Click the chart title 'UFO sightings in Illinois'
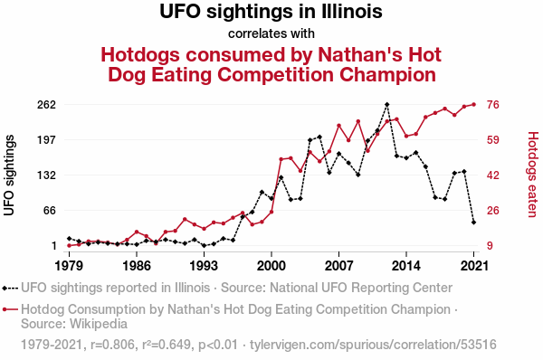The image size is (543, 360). coord(271,12)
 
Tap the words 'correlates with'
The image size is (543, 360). coord(271,33)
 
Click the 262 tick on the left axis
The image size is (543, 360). coord(46,105)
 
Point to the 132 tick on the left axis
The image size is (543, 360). coord(46,175)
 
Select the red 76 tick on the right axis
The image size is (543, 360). coord(493,105)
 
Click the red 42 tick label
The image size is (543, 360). coord(493,175)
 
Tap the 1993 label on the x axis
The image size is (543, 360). coord(204,266)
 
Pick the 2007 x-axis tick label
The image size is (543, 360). coord(338,266)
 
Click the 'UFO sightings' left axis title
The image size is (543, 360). coord(9,175)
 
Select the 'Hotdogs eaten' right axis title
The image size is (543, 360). coord(533,175)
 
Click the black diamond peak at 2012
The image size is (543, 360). coord(386,105)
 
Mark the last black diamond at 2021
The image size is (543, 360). coord(473,223)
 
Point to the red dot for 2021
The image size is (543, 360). coord(473,105)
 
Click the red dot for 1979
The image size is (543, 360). coord(70,246)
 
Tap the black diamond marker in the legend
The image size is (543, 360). coord(5,288)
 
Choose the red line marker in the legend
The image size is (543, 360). coord(10,309)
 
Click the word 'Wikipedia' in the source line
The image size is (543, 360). coord(99,324)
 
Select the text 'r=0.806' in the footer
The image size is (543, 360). coord(112,345)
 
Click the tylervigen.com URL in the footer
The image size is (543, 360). coord(373,345)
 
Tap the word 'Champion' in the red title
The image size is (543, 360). coord(388,75)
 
